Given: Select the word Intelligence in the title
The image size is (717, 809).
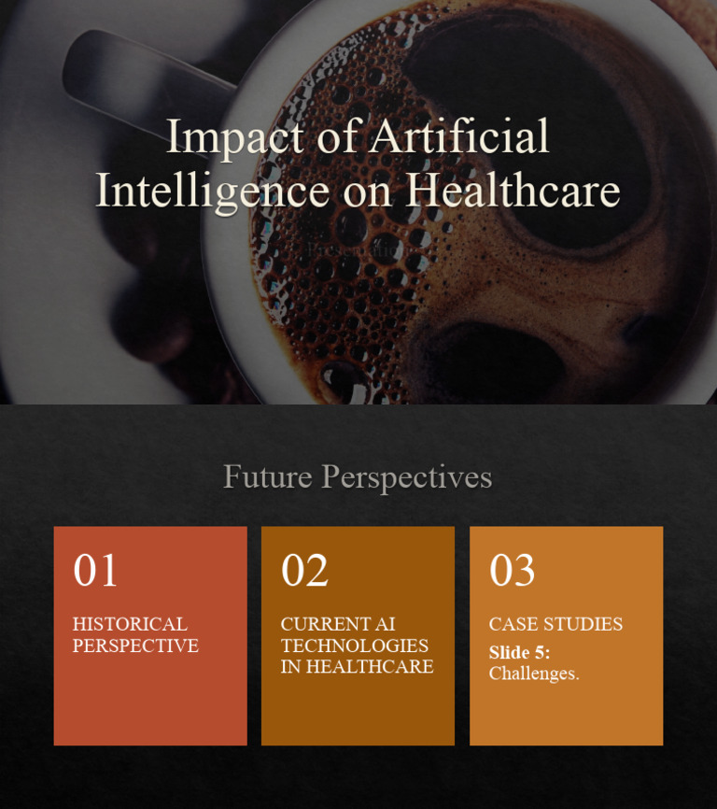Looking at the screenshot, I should (212, 190).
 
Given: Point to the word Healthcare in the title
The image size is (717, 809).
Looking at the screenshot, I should (513, 190).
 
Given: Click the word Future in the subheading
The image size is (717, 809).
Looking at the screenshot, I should (267, 476).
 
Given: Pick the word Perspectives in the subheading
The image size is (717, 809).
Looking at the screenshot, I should (406, 476).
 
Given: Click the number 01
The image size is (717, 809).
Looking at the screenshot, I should (95, 570).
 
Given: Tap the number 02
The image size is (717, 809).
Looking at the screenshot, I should (304, 570).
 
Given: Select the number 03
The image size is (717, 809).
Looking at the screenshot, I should (512, 570).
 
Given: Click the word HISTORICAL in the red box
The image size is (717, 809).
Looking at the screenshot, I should (130, 624).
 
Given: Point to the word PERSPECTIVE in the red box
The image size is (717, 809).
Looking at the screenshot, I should (135, 646).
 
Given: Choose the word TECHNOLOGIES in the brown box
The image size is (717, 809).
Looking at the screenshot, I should (355, 646).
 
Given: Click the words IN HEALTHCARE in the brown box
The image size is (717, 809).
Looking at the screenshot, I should (357, 667).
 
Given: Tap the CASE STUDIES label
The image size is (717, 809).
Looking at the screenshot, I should (555, 624).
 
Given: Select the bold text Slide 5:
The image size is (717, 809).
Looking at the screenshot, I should (519, 652).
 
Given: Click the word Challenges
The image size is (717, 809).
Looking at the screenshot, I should (534, 674).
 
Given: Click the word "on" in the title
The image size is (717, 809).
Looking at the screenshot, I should (366, 190).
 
